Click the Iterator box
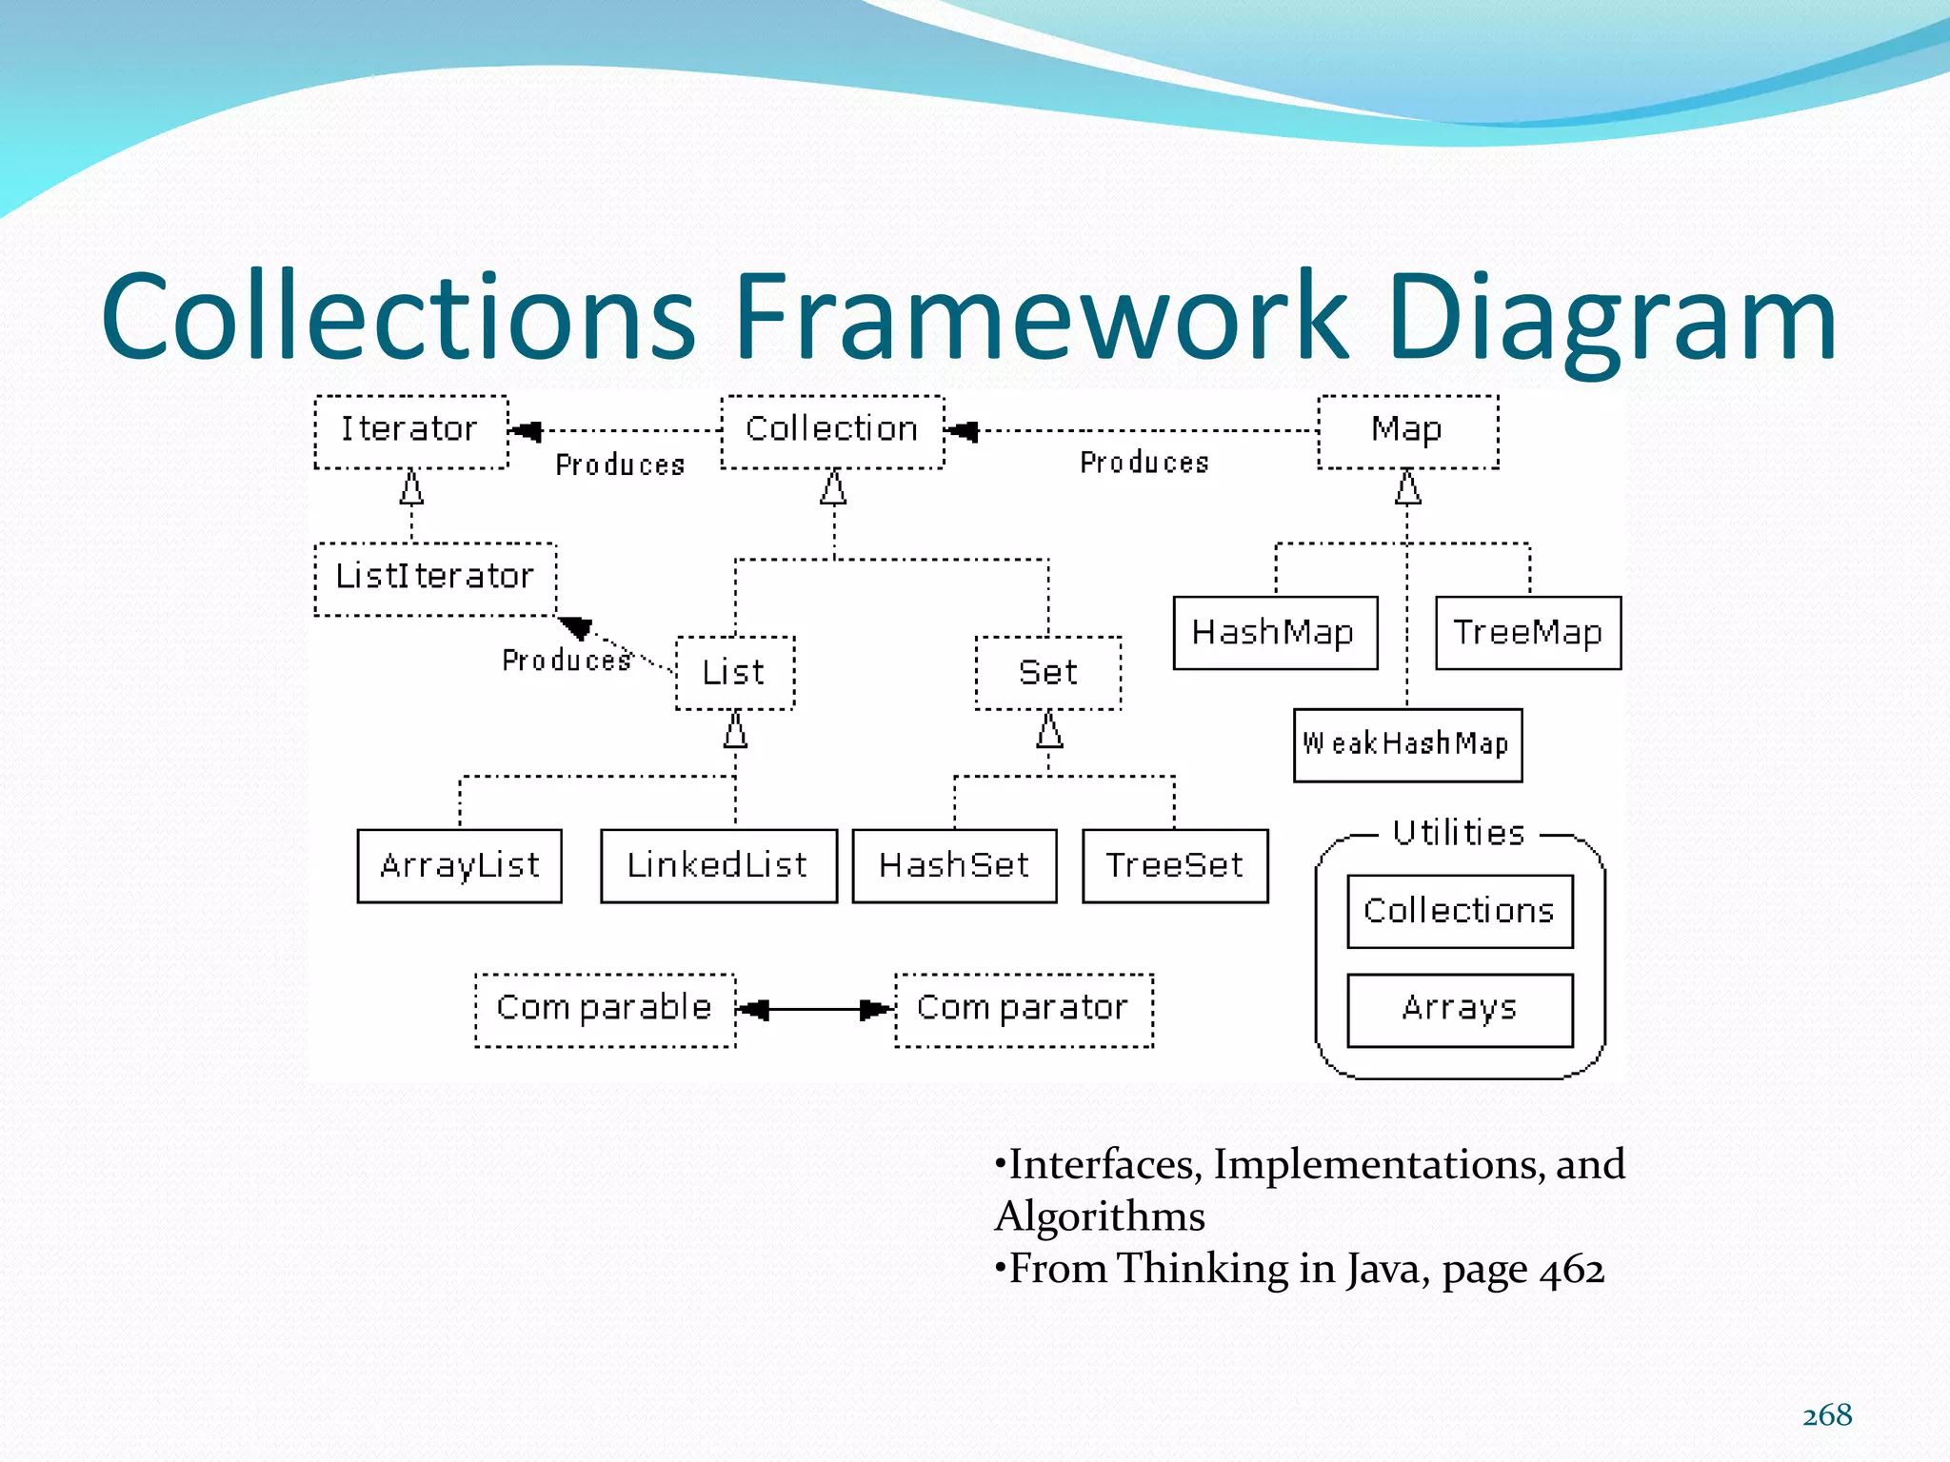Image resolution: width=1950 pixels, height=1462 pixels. [410, 431]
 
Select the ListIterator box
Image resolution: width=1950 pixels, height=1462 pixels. [435, 579]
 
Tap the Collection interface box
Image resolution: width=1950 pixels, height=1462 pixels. [832, 431]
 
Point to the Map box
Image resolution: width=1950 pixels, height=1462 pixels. [1407, 431]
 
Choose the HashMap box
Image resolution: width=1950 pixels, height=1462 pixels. [1275, 633]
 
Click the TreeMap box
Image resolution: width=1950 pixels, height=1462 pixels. [1527, 633]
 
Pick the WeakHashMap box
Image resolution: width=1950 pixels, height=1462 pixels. [1407, 744]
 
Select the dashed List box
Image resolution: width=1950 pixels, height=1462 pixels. [734, 673]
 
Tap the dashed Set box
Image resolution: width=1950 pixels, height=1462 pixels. [1048, 673]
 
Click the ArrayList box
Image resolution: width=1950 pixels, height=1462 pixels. [459, 865]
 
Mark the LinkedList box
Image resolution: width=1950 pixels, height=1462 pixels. [718, 865]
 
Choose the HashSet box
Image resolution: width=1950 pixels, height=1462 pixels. [954, 865]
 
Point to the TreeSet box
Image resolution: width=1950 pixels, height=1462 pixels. [1175, 865]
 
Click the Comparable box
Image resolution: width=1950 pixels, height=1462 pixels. [605, 1009]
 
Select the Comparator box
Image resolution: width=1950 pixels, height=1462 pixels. [1024, 1009]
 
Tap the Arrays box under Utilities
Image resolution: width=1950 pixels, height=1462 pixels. [1460, 1009]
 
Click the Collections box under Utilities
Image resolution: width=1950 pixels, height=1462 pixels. [1460, 911]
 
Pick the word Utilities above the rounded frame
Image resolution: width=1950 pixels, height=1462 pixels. [1459, 833]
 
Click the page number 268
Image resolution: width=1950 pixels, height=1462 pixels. [1827, 1415]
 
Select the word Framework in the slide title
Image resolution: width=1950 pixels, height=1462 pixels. [1041, 316]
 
